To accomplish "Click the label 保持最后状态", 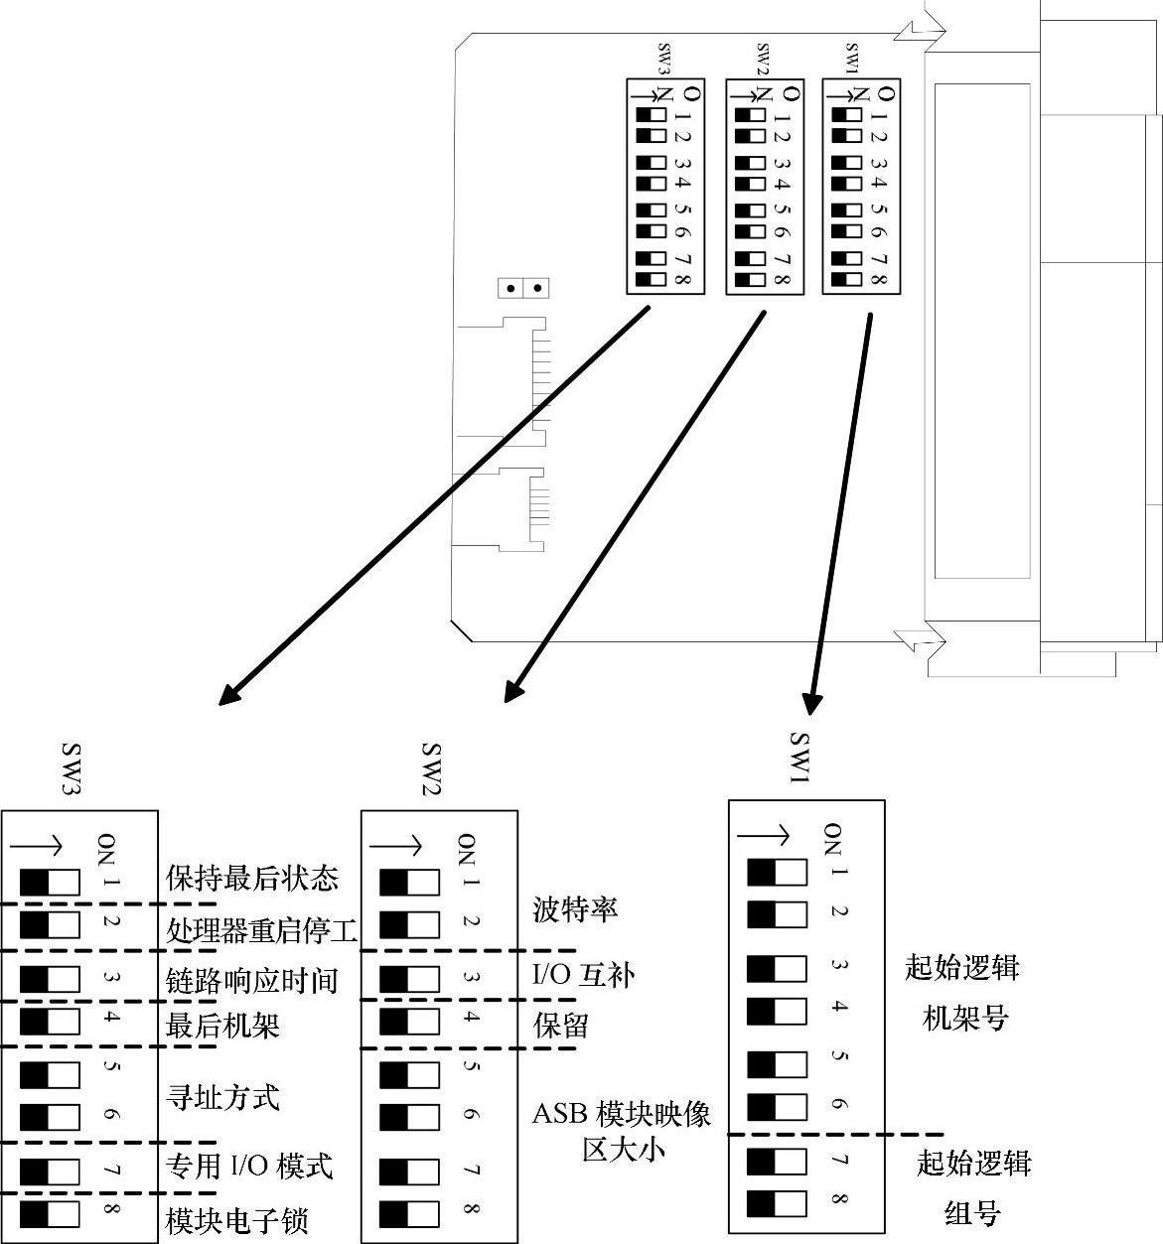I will pos(252,878).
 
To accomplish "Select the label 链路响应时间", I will pos(251,981).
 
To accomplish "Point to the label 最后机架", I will pos(222,1025).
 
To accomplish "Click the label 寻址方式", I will pos(222,1097).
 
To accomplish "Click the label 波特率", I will pos(576,909).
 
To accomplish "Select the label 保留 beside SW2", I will pos(561,1025).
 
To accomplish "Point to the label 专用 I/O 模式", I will pos(249,1166).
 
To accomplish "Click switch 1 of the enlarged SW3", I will pos(50,882).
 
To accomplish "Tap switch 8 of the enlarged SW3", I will pos(50,1215).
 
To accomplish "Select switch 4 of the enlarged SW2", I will pos(409,1022).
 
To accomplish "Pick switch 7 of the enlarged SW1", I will pos(777,1162).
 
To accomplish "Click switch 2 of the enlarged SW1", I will pos(777,914).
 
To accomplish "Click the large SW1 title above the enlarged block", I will pos(801,759).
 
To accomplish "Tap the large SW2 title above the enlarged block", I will pos(431,768).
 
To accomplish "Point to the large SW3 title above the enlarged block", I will pos(72,768).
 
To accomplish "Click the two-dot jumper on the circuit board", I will pos(523,288).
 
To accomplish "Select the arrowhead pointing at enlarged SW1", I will pos(813,702).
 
